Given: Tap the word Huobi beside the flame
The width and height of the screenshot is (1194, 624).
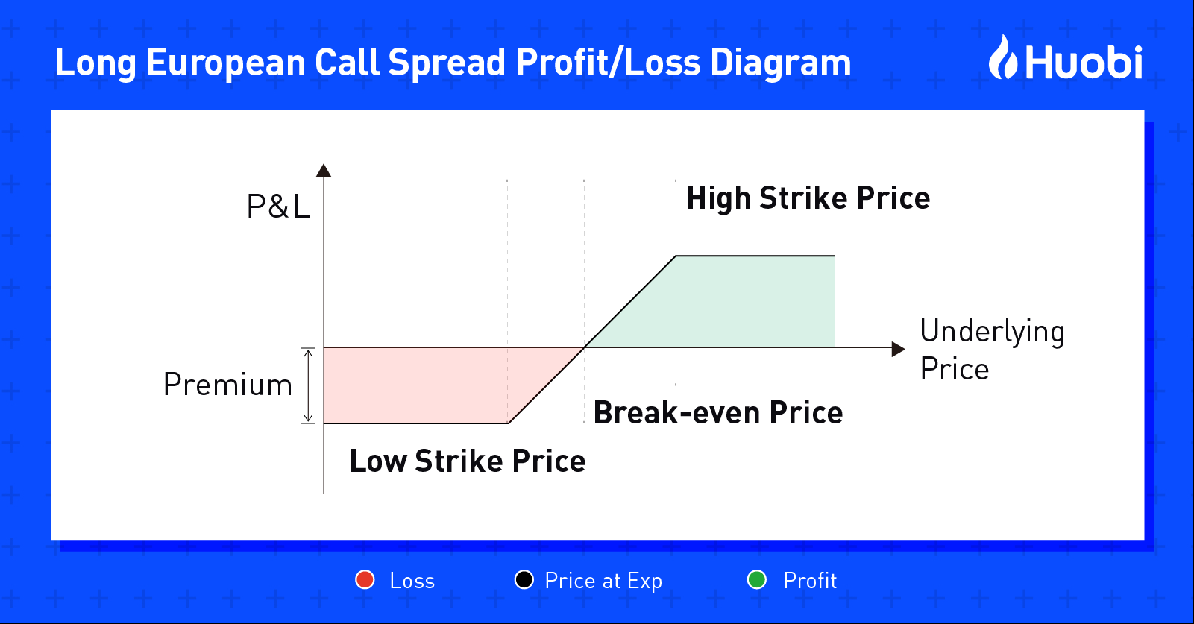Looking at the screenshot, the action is [x=1084, y=63].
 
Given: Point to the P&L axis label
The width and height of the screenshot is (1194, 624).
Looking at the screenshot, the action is [x=278, y=207].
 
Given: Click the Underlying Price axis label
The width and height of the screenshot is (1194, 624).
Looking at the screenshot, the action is [x=992, y=350].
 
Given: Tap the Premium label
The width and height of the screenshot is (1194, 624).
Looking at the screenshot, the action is [x=227, y=384].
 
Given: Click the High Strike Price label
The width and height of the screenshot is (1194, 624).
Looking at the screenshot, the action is [x=808, y=199].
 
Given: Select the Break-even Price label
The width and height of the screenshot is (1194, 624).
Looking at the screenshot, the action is [x=718, y=412].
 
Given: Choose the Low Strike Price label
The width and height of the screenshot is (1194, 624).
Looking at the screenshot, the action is [x=468, y=461].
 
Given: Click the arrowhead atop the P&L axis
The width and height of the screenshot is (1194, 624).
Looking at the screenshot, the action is [x=324, y=171].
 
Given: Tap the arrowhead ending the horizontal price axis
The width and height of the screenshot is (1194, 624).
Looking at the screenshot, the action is [x=898, y=349].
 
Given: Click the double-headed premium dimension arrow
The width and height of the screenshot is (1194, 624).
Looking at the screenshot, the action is [x=308, y=385].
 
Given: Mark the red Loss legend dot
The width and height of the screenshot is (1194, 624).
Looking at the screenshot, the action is [x=365, y=579].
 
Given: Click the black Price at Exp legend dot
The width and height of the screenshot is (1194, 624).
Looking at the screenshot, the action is [x=524, y=579].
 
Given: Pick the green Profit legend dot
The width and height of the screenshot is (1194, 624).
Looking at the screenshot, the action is [x=757, y=579].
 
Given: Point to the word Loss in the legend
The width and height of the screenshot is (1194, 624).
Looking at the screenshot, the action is [x=412, y=580].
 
